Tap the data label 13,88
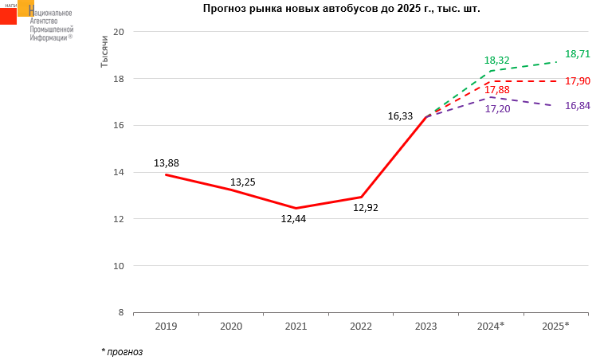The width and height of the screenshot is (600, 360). [166, 163]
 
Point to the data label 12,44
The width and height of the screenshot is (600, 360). [293, 218]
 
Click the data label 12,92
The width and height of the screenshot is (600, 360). [366, 208]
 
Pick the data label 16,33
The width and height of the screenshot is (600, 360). [400, 116]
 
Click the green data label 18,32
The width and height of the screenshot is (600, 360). [496, 61]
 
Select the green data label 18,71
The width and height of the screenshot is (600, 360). [577, 54]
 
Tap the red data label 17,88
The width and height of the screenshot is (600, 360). [496, 89]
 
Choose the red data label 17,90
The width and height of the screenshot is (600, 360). [577, 81]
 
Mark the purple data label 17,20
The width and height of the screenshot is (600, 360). [496, 108]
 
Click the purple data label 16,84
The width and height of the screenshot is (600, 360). [577, 105]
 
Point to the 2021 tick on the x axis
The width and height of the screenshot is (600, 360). [296, 327]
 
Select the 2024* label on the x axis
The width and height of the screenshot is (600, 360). [490, 327]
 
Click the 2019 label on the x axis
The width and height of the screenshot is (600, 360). [166, 327]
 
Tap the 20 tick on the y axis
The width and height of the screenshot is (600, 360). [120, 32]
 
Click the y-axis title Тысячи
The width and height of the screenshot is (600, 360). [104, 52]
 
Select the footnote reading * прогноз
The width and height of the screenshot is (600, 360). [122, 350]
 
